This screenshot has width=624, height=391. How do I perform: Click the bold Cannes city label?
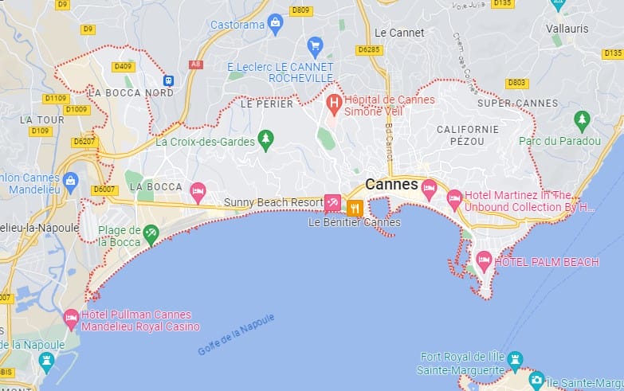pos(391,184)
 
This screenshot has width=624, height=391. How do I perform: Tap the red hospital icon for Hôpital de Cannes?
pos(334,104)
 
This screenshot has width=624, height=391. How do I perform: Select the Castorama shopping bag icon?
pos(276,23)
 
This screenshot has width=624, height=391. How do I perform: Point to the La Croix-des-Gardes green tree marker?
pos(266,141)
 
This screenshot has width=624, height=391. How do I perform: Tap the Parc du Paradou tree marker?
pos(583,120)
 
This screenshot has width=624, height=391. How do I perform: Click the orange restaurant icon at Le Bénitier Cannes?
pos(355,208)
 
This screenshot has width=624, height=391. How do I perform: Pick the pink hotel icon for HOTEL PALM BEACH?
pos(484,260)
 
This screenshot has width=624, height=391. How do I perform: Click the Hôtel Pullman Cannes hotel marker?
pos(71,319)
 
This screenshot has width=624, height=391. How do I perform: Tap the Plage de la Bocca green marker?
pos(151,233)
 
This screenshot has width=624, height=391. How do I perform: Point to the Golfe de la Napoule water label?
pos(236,334)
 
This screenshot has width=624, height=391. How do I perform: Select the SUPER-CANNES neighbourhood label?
pos(518,103)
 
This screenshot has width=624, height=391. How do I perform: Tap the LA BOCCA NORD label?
pos(131,92)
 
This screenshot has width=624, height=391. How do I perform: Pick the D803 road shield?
pos(516,82)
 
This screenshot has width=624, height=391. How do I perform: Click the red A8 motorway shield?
pos(194,65)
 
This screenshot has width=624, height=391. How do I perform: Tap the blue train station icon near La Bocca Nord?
pos(168,80)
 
